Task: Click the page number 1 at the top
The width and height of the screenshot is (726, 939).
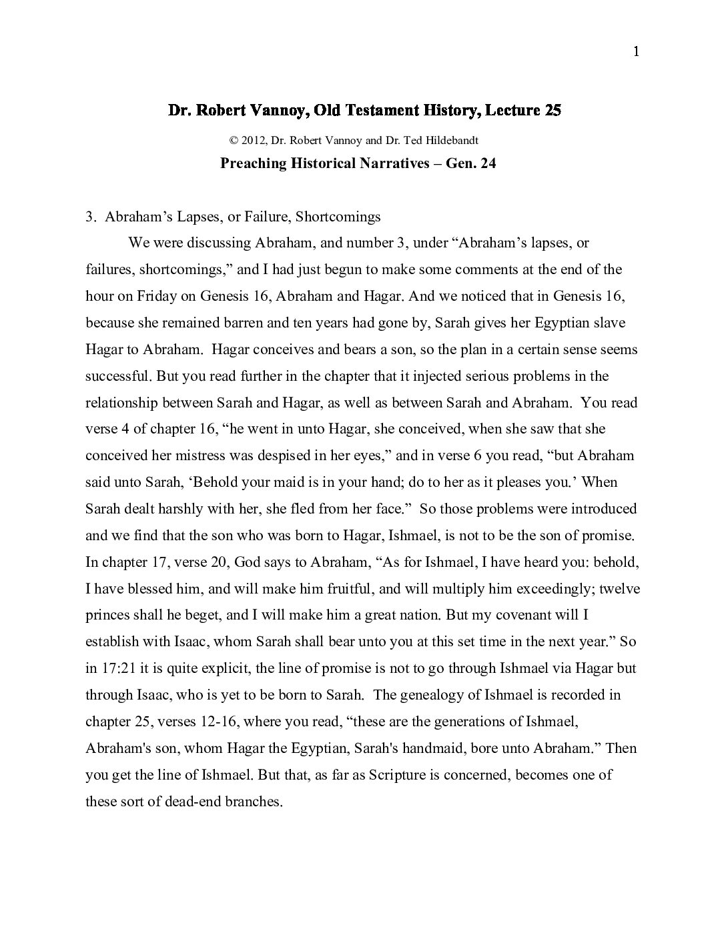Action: click(636, 52)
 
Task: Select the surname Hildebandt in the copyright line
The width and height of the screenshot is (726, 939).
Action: click(454, 141)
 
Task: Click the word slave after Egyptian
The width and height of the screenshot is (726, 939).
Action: click(609, 323)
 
